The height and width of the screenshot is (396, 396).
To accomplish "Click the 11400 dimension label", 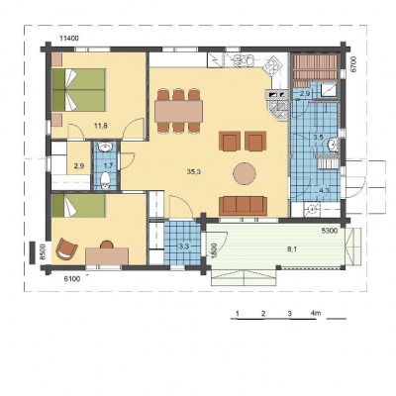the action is [69, 39].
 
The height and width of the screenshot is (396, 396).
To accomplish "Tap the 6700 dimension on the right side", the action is [352, 65].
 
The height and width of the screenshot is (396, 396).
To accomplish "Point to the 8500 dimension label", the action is [43, 251].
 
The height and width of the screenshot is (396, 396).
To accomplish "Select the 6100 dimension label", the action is [71, 279].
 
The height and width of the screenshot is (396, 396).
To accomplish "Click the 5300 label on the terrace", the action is [330, 231].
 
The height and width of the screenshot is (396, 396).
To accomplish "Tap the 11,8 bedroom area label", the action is [101, 126].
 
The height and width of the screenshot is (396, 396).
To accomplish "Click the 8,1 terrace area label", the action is [291, 249].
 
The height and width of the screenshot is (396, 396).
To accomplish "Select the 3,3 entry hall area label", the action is [184, 247].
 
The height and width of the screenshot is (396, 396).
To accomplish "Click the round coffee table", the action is [245, 173].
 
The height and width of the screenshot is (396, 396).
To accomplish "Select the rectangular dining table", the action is [178, 111].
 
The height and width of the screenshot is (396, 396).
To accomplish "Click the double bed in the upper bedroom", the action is [79, 90].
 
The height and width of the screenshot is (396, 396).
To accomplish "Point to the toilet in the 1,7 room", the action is [105, 180].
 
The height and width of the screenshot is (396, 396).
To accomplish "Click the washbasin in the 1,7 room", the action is [106, 148].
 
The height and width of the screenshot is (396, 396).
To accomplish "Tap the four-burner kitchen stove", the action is [272, 66].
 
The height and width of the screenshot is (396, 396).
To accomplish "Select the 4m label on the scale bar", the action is [316, 313].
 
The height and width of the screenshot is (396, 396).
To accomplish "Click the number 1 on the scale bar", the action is [238, 313].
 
